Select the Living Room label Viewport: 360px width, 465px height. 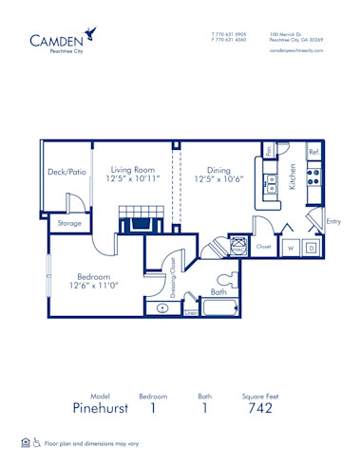(x=131, y=164)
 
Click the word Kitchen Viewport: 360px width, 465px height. (x=293, y=177)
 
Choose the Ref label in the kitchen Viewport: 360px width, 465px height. (x=313, y=152)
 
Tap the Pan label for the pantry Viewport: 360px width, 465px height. (x=269, y=150)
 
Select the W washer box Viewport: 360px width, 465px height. (x=291, y=249)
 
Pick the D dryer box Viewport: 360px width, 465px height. (x=311, y=249)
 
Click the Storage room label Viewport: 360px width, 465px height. (x=68, y=224)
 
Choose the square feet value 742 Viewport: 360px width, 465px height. (x=258, y=408)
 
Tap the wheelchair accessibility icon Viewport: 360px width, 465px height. (x=37, y=443)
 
